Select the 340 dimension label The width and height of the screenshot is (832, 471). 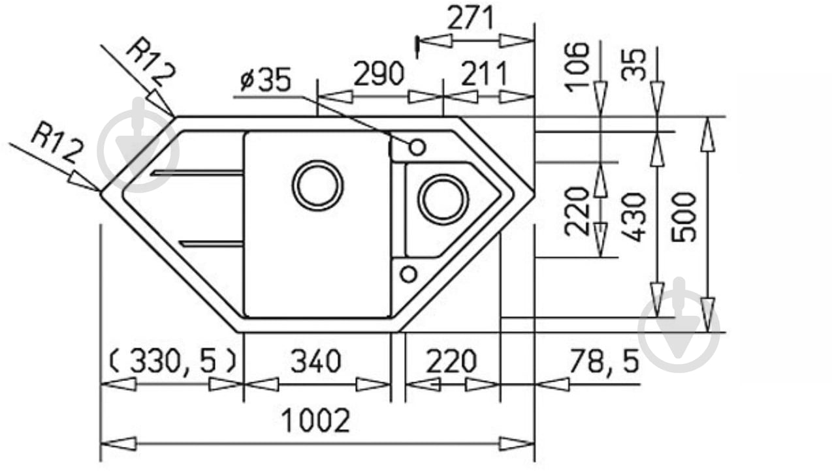tap(316, 361)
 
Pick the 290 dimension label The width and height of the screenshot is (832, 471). tap(379, 74)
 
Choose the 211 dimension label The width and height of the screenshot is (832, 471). tap(483, 74)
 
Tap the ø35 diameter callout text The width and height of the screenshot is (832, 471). tap(264, 80)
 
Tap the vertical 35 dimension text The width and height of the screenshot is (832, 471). tap(633, 63)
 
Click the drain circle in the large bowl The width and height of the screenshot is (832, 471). tap(317, 185)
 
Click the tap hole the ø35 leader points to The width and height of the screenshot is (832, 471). tap(417, 147)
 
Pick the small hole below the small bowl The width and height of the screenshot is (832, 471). tap(408, 274)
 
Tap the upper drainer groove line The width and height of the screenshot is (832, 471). tap(196, 173)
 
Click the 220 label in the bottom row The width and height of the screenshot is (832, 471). tap(451, 361)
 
